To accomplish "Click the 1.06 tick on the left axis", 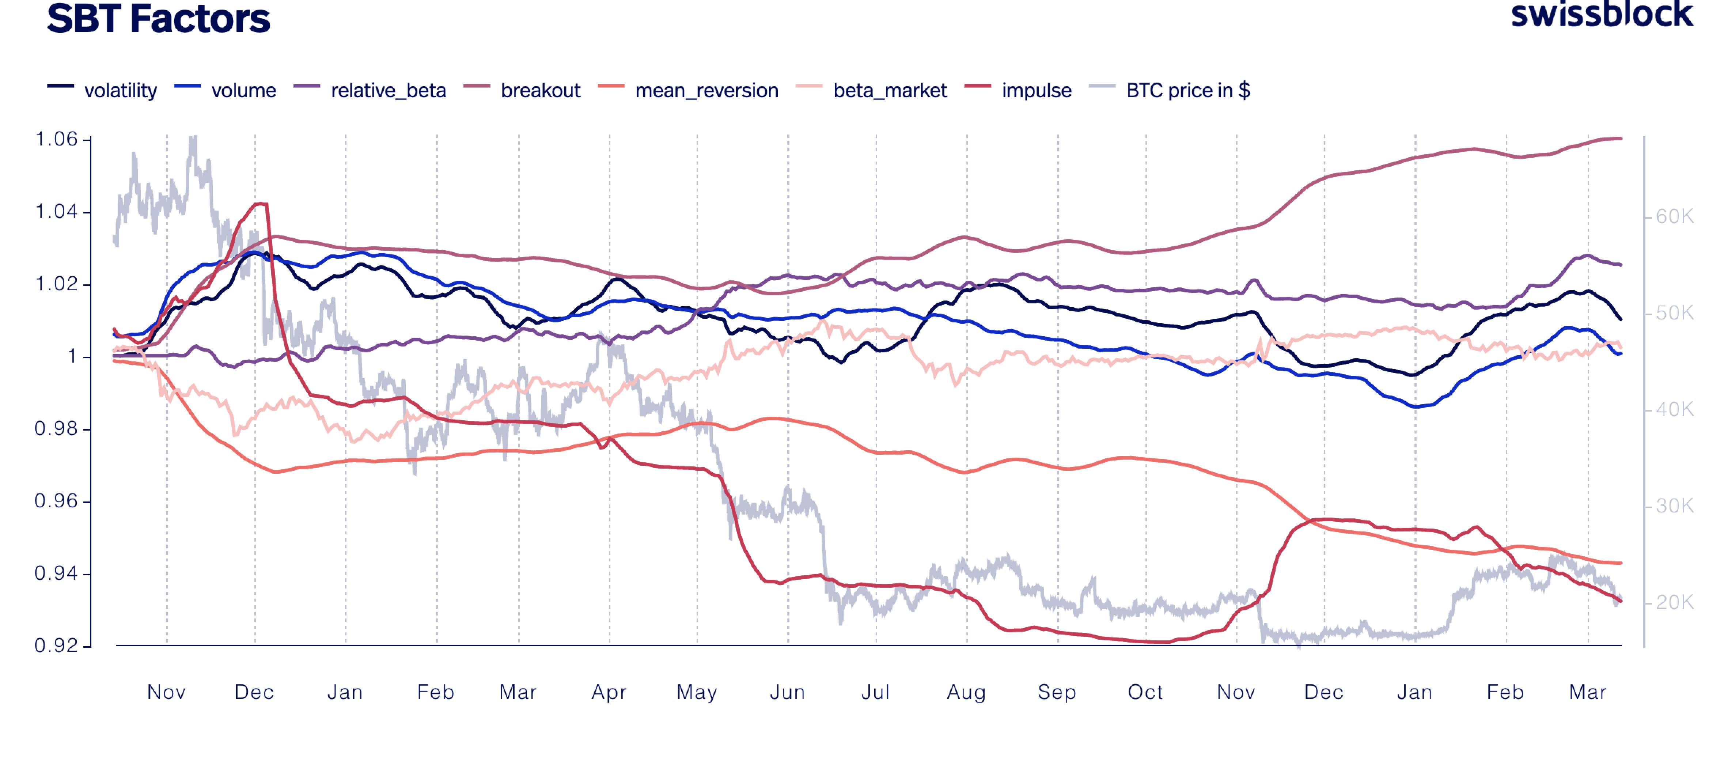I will (56, 139).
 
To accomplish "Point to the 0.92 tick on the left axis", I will (56, 645).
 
